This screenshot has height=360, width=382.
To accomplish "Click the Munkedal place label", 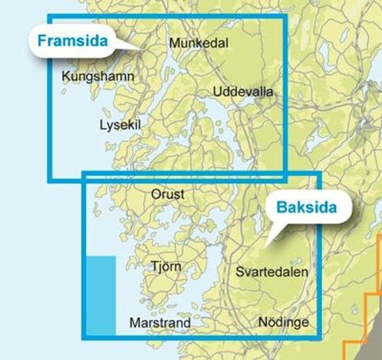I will coord(199,43).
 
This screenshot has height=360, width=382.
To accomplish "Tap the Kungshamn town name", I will coord(98,76).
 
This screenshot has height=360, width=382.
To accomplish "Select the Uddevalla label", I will coord(243,92).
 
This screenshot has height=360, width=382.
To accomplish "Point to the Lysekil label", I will coord(120,125).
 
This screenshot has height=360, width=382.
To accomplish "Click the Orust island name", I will coord(168,194).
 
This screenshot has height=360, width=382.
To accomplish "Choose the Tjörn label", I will coord(166,267).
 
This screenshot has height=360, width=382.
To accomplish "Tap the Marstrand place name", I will coord(160,323).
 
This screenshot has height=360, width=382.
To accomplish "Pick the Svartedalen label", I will coord(272,272).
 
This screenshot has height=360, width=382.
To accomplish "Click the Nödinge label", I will coord(283,322).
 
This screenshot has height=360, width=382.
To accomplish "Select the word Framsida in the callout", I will coord(73,41).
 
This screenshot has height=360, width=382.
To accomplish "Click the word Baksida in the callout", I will coord(306,207).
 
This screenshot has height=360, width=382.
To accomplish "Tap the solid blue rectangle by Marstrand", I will coord(101,295).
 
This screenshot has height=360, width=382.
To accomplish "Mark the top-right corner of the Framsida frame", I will coord(285,16).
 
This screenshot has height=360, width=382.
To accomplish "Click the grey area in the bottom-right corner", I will coord(371,346).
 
